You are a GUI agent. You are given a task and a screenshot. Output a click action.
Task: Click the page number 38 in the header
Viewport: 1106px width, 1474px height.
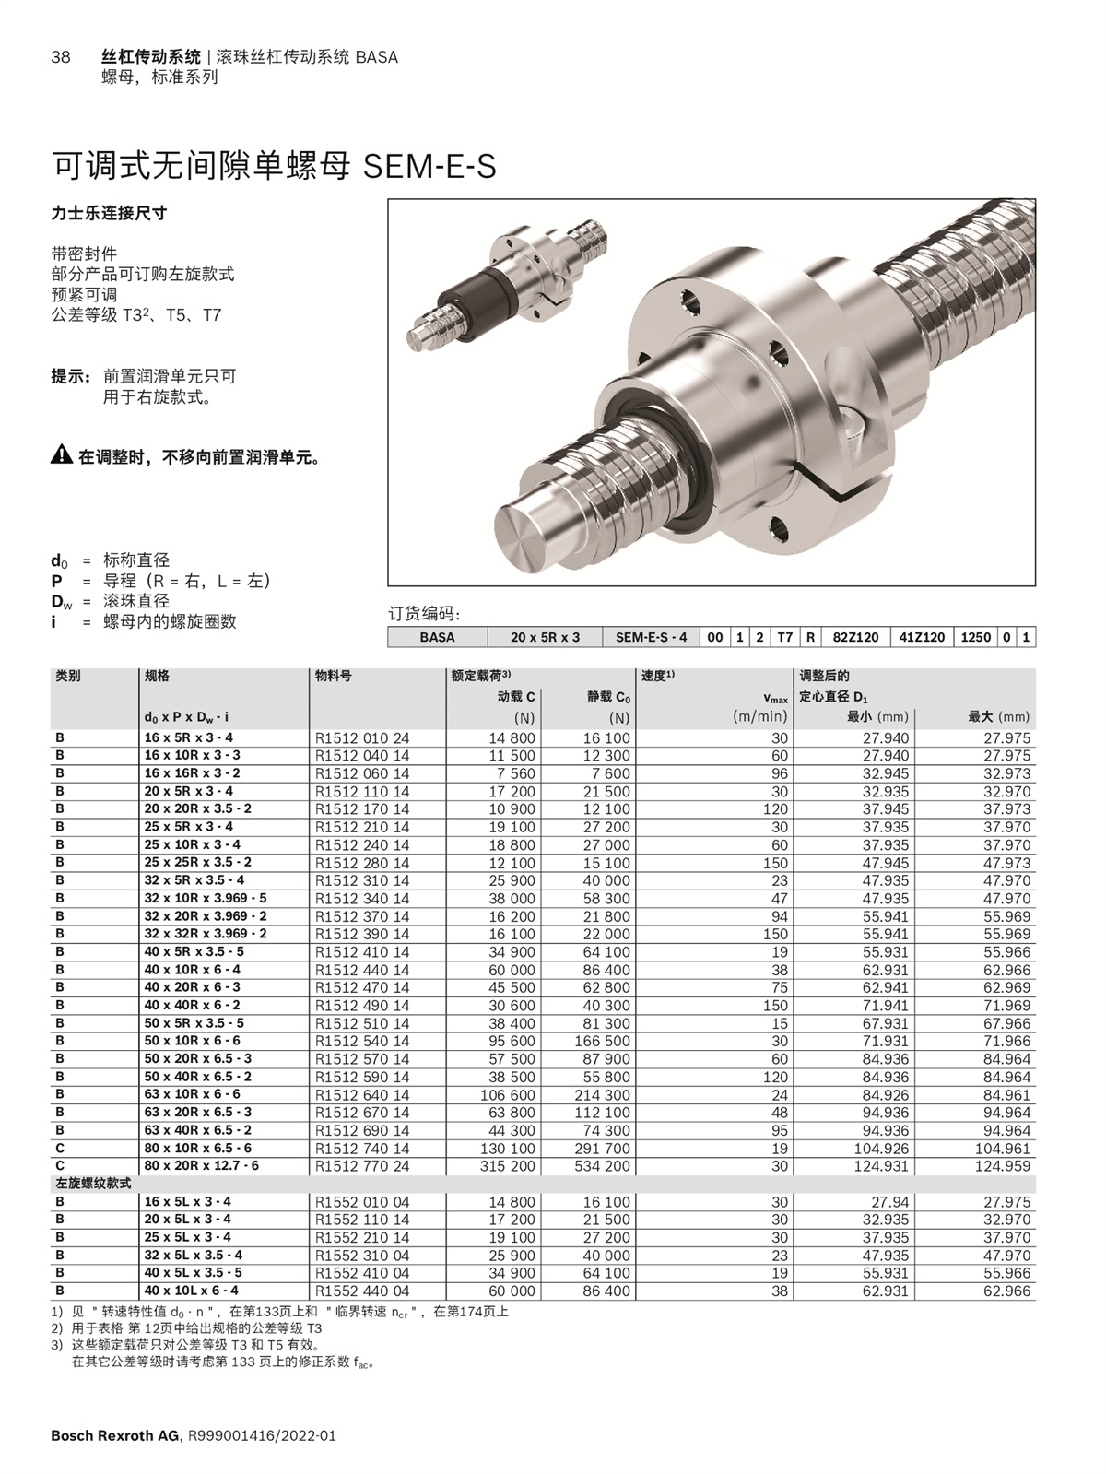click(60, 57)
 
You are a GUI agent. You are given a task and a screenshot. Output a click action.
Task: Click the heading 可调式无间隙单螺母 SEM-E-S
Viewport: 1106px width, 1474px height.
click(274, 167)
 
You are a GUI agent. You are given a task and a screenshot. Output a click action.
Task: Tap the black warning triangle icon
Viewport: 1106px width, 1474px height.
click(61, 454)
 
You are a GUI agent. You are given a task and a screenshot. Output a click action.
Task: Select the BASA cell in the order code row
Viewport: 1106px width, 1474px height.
click(437, 637)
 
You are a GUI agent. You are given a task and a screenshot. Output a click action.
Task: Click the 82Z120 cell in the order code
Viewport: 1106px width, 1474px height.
click(855, 637)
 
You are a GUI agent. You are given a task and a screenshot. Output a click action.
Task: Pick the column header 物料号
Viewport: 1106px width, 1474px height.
click(333, 676)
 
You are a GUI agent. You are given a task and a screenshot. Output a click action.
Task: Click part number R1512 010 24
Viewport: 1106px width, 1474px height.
click(362, 737)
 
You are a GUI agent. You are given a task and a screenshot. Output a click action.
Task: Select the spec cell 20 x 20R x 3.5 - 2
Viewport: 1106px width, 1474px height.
click(197, 808)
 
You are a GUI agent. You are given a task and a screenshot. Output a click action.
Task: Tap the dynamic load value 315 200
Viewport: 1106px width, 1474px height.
click(508, 1166)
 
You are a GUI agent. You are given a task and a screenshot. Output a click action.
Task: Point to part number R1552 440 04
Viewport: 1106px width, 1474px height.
click(362, 1291)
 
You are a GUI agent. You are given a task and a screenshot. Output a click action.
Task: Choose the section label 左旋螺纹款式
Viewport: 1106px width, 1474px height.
click(93, 1184)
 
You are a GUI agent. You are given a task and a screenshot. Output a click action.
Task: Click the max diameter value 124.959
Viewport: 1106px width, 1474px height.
click(1006, 1166)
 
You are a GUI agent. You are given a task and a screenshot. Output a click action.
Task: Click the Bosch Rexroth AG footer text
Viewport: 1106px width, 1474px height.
click(115, 1436)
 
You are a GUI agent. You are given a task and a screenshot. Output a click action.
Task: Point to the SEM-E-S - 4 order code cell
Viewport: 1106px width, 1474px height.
click(651, 637)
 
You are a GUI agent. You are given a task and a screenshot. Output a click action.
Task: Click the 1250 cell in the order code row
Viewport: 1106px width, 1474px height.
click(975, 637)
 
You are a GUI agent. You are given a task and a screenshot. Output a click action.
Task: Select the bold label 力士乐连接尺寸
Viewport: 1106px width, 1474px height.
click(109, 213)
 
